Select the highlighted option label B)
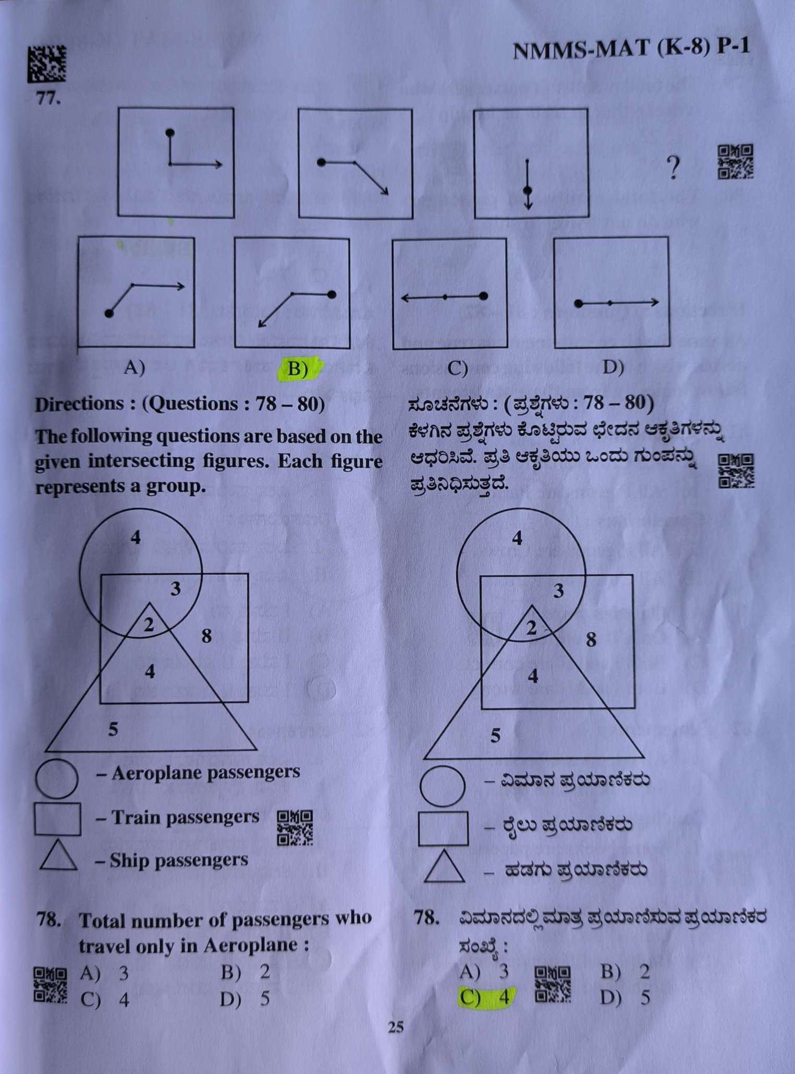(298, 369)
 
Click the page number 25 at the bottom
(396, 1027)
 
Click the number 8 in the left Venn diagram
(206, 636)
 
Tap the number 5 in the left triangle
(113, 729)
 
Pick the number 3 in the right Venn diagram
(558, 591)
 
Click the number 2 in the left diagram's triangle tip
(149, 624)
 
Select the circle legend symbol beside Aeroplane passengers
(57, 778)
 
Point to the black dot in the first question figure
(169, 133)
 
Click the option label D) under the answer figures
(613, 368)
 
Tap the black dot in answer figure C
(483, 296)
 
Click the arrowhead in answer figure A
(180, 286)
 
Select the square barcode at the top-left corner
(47, 64)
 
